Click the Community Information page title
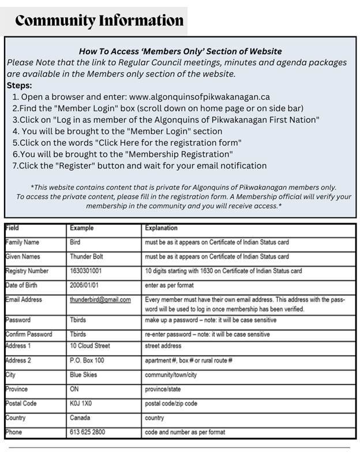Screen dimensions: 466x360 point(99,21)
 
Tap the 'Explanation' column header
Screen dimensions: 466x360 point(162,228)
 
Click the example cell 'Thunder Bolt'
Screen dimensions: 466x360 point(88,256)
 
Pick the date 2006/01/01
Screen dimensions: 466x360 point(86,285)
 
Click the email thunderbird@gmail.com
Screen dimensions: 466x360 point(100,300)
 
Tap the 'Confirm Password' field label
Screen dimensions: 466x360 point(29,334)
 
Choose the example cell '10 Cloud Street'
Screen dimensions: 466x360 point(90,346)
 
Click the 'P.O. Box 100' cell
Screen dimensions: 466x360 point(87,360)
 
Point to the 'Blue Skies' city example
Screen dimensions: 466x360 point(84,374)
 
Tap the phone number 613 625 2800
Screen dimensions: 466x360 point(88,431)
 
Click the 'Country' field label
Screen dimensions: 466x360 point(16,418)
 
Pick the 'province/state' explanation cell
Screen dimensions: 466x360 point(164,389)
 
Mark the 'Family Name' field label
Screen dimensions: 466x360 point(22,242)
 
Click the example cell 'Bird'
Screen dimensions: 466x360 point(76,242)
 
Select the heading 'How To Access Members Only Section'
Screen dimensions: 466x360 point(179,52)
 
